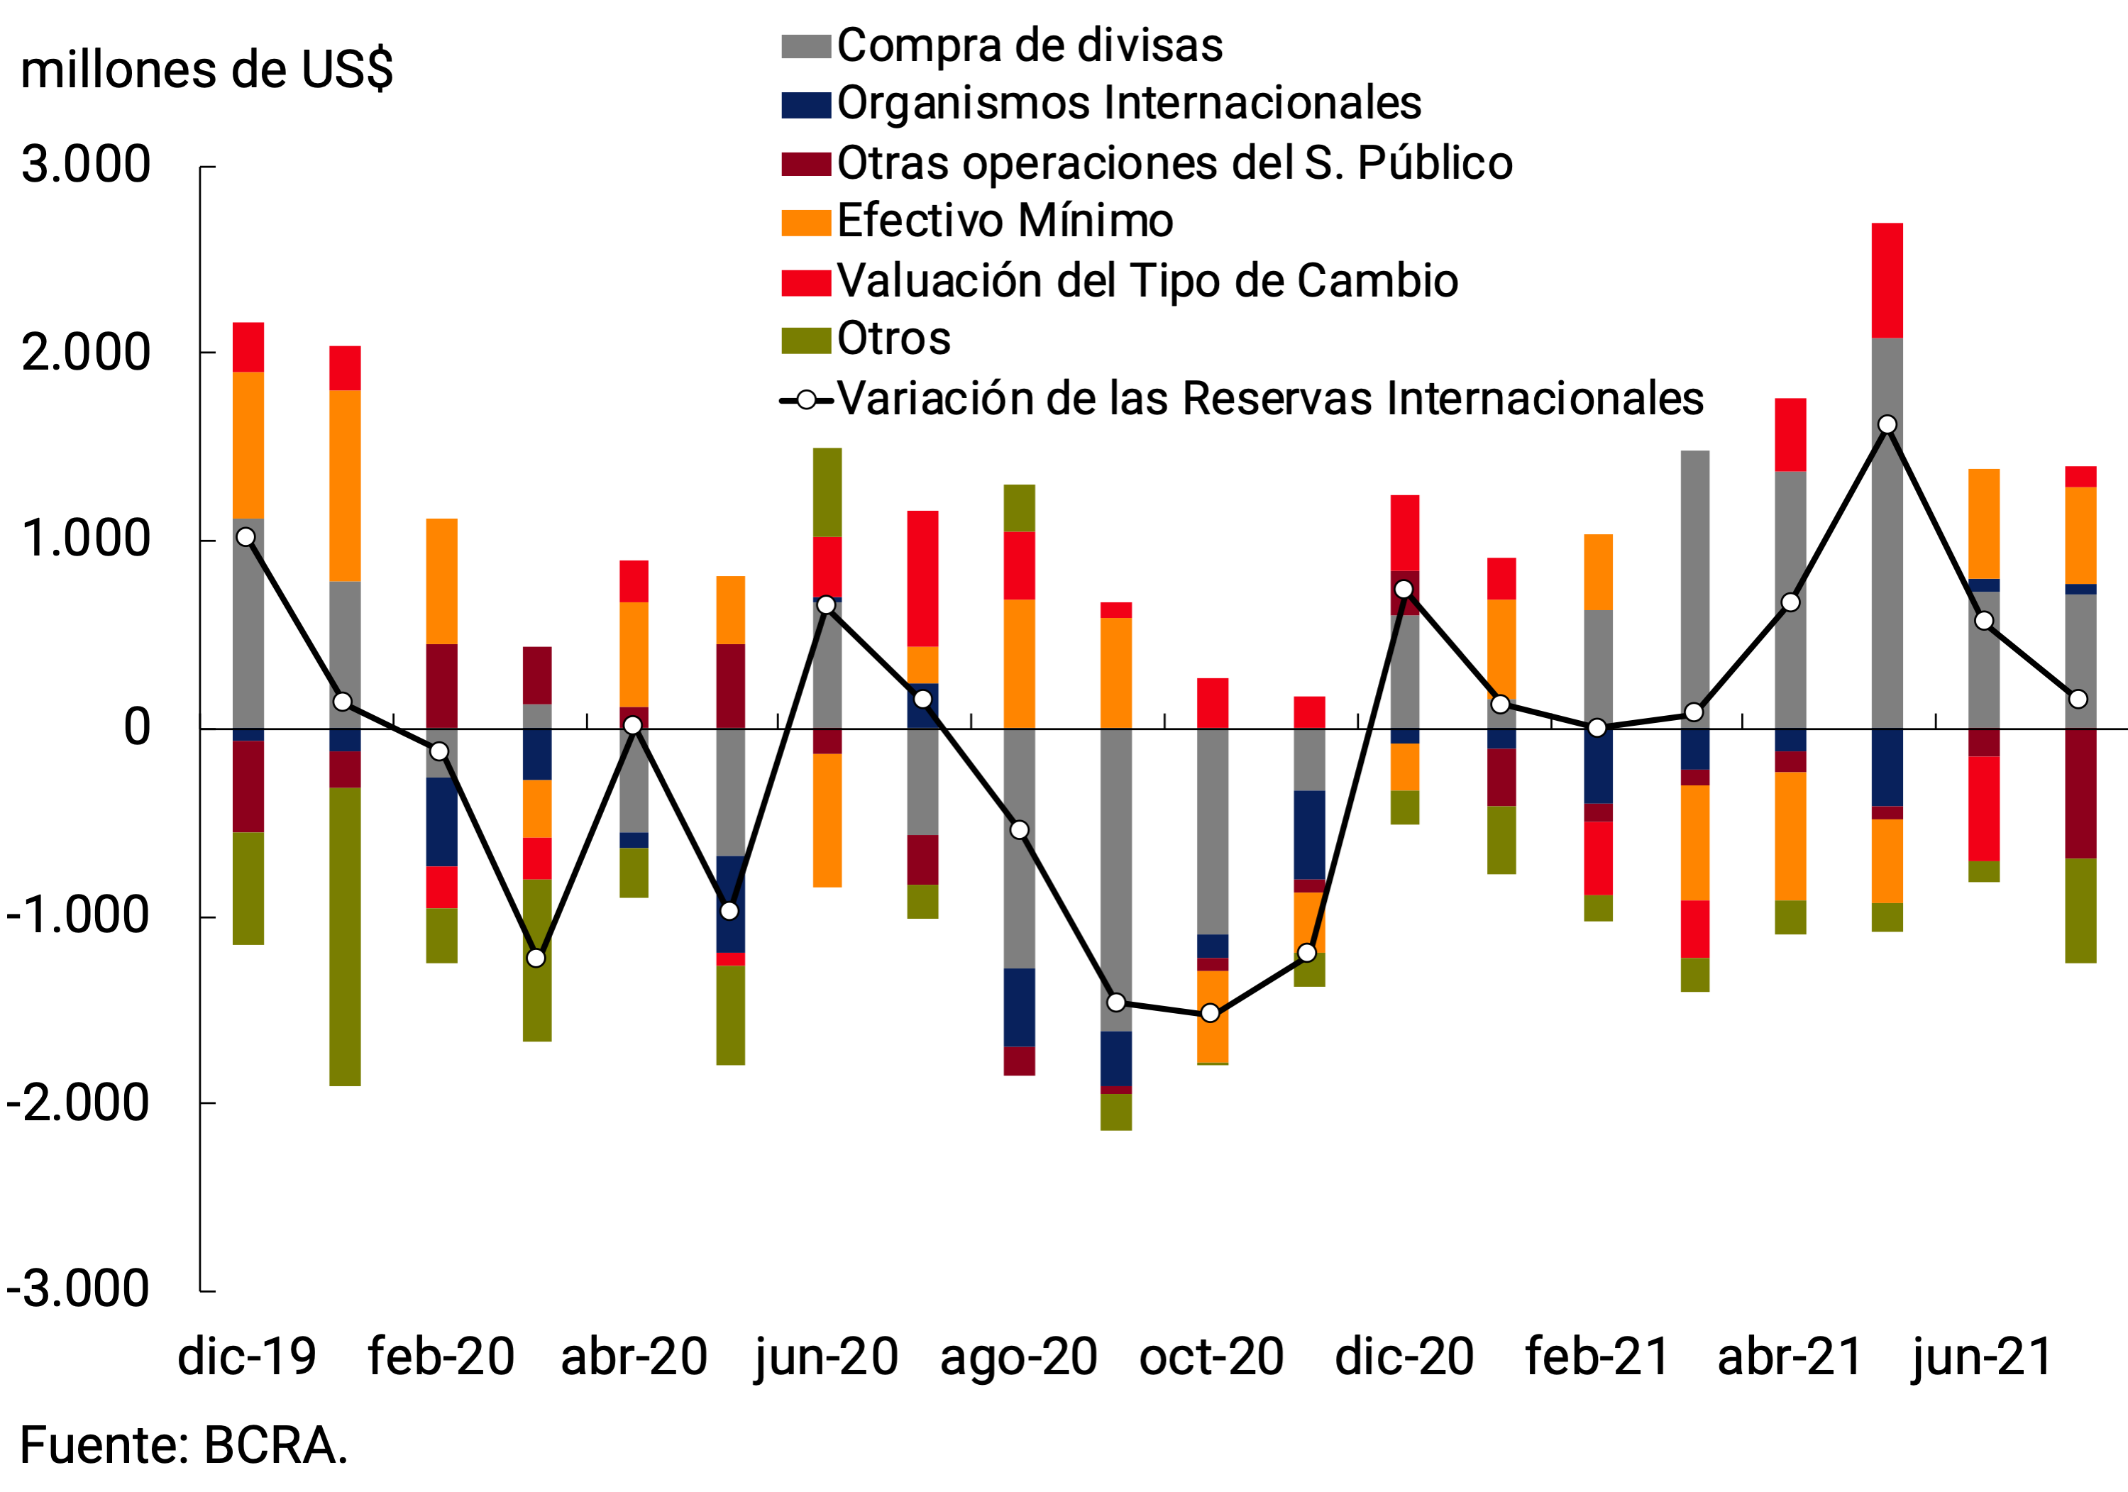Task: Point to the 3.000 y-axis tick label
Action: click(x=86, y=166)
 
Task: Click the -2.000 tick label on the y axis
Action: click(x=78, y=1103)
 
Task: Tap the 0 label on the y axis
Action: click(x=136, y=727)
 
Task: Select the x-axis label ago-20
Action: click(x=1018, y=1356)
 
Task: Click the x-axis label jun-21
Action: click(x=1983, y=1356)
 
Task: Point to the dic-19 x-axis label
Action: click(x=246, y=1356)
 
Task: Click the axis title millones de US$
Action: click(x=206, y=70)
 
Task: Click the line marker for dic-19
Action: click(x=246, y=536)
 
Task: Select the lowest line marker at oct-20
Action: click(x=1210, y=1013)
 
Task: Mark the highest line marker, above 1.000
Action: click(x=1887, y=424)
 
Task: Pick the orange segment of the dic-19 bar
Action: click(x=248, y=445)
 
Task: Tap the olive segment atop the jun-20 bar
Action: click(x=827, y=492)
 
